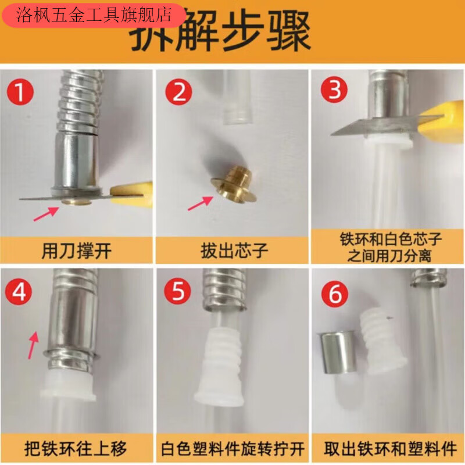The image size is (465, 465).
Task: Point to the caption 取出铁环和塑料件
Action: [387, 449]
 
